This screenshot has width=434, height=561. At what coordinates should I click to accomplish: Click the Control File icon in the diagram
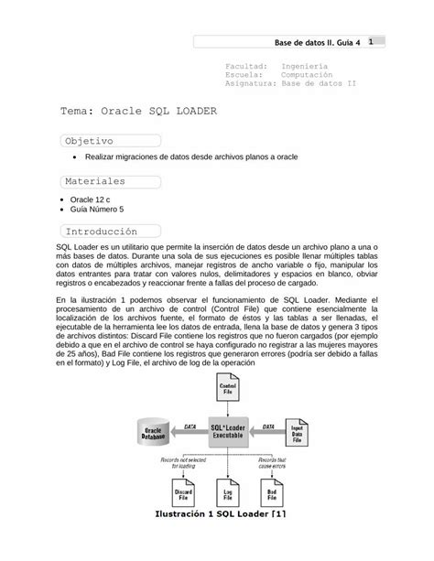(230, 387)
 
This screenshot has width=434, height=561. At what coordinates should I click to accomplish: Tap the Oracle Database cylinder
(154, 432)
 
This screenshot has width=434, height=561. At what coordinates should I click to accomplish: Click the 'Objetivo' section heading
(88, 141)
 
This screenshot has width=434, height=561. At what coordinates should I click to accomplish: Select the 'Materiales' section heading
(95, 181)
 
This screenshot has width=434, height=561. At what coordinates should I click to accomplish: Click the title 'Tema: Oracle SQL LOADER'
(138, 111)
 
